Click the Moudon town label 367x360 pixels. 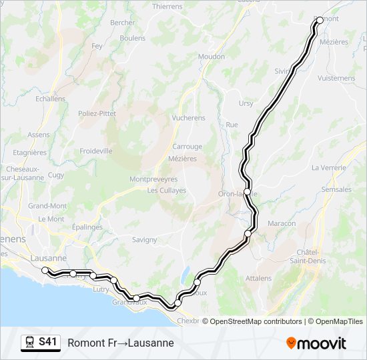(x=212, y=57)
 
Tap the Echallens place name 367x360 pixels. (x=51, y=98)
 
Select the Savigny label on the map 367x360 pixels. (x=144, y=239)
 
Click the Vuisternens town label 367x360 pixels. (x=337, y=78)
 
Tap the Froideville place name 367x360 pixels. (x=96, y=151)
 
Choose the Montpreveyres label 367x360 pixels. (x=153, y=179)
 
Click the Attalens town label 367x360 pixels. (x=258, y=278)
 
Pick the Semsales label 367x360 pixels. (x=336, y=189)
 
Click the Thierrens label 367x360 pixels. (x=167, y=6)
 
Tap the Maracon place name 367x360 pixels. (x=282, y=223)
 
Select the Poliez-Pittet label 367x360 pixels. (x=97, y=113)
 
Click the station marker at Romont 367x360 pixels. (x=320, y=20)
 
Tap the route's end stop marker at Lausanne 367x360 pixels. (x=45, y=270)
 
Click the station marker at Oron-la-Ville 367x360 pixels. (x=247, y=191)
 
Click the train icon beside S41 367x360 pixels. (x=29, y=342)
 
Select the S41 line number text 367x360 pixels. (x=48, y=342)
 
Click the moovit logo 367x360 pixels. (x=316, y=343)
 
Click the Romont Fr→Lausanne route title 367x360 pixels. (x=121, y=343)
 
